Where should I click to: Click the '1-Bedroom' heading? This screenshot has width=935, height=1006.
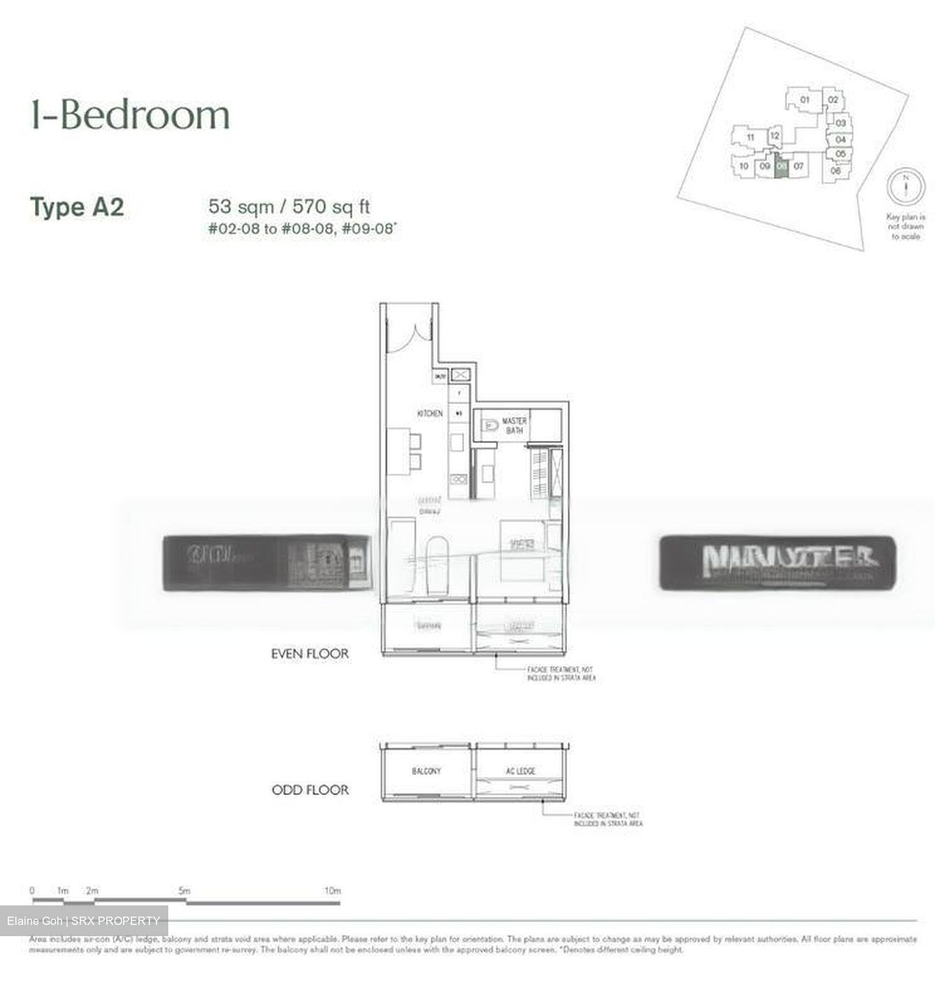(130, 116)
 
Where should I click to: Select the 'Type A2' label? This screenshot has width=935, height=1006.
(77, 207)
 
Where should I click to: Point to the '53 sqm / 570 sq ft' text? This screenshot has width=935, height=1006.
(289, 206)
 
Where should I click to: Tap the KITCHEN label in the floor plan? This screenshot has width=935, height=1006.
(429, 414)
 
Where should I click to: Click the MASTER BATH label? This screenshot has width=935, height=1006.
(514, 426)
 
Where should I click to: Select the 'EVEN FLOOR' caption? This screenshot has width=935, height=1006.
(309, 654)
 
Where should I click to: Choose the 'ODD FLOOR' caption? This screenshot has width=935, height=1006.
(309, 790)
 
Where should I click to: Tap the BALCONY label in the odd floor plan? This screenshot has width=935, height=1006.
(426, 771)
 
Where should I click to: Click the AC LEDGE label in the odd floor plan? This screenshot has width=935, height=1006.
(520, 771)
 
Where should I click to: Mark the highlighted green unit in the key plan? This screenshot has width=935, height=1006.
(781, 166)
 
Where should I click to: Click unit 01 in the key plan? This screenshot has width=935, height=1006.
(804, 100)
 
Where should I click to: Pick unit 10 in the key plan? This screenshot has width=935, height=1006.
(744, 166)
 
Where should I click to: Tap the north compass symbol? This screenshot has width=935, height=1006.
(906, 187)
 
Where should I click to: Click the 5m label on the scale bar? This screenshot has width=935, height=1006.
(184, 891)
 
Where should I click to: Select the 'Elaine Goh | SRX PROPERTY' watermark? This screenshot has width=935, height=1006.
(84, 921)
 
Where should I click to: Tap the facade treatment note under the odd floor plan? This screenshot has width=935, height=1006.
(608, 819)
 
